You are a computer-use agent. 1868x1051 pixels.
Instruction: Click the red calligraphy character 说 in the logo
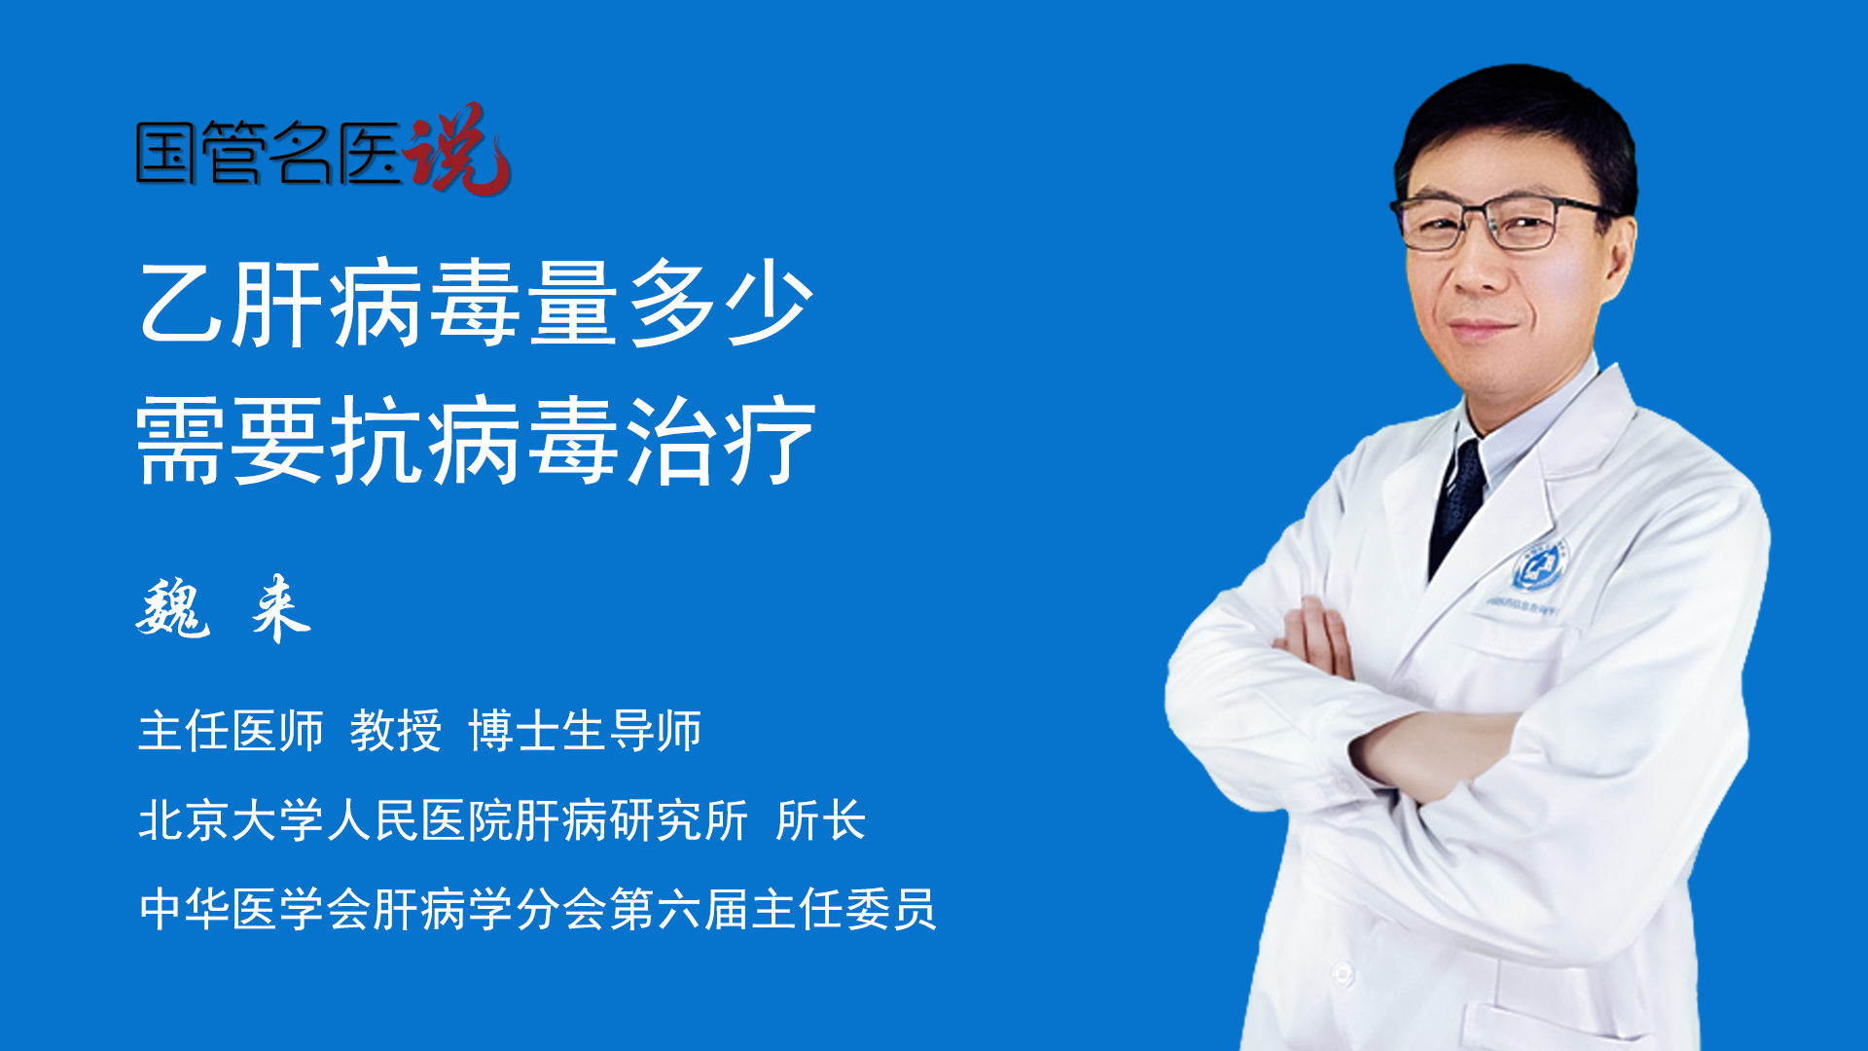pos(457,148)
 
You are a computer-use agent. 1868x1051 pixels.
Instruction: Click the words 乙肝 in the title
pos(232,303)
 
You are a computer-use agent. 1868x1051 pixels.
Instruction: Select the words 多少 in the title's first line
pos(721,303)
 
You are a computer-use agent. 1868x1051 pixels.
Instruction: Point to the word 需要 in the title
pos(232,441)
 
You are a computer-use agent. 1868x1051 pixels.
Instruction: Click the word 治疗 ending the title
pos(721,441)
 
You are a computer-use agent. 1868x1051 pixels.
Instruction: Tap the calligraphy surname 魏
pos(173,608)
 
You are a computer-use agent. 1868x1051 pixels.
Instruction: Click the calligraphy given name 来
pos(280,608)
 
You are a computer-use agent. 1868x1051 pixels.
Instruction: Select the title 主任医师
pos(231,731)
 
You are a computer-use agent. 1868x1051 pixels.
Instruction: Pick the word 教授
pos(396,731)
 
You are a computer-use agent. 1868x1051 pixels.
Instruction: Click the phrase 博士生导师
pos(585,731)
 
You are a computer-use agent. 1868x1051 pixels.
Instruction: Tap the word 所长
pos(821,820)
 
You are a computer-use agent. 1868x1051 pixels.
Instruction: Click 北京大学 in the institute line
pos(232,820)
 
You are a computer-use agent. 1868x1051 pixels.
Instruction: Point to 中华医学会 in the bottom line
pos(255,909)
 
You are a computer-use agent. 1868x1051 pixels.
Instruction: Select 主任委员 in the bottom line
pos(844,909)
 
